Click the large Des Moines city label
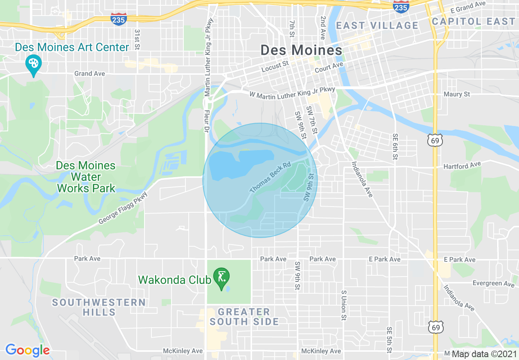(x=301, y=50)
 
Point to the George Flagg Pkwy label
(x=122, y=209)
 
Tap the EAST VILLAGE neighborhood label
(x=377, y=26)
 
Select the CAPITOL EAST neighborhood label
(x=473, y=21)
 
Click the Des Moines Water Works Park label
(x=86, y=177)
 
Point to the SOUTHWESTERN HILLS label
(x=99, y=307)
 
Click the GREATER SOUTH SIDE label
(x=244, y=317)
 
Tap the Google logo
(x=27, y=350)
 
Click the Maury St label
(x=457, y=94)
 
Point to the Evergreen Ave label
(x=493, y=283)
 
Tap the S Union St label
(x=344, y=305)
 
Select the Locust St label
(x=275, y=66)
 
